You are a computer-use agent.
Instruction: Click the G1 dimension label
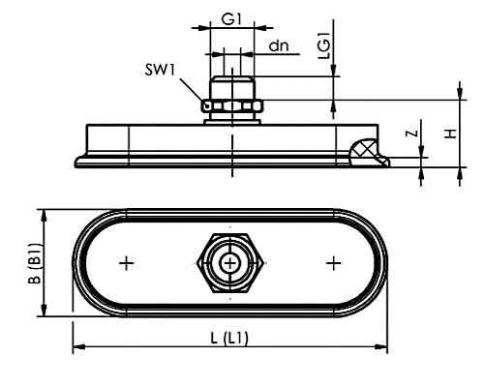coord(231,19)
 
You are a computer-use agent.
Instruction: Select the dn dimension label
coord(279,46)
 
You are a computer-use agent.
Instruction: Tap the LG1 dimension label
coord(324,45)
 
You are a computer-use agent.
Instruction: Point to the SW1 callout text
coord(160,70)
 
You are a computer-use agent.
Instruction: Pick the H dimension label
coord(451,134)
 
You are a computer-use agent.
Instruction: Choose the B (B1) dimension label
coord(35,263)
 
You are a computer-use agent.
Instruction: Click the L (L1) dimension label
coord(229,339)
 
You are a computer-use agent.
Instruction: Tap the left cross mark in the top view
coord(127,263)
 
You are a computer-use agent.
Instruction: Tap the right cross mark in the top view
coord(334,263)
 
